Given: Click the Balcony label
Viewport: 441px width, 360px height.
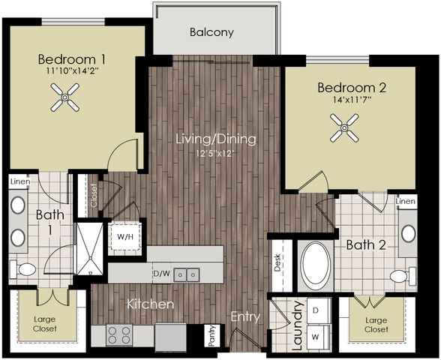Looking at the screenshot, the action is pos(211,32).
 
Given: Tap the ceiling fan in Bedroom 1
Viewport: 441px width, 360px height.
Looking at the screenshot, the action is pos(65,97).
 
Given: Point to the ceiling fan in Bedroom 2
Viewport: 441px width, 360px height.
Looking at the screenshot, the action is pos(344,128).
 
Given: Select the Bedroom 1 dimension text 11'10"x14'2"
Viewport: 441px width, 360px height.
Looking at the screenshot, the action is pos(72,71).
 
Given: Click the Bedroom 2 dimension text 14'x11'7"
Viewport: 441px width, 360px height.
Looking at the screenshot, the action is pos(352,100).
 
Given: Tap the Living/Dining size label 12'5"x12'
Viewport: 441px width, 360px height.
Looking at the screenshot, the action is pos(216,154).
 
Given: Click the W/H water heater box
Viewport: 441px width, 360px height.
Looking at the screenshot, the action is pos(125,237).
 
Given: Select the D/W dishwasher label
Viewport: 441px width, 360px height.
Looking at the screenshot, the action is pos(162,273).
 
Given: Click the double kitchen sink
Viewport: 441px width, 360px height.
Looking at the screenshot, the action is pos(187,274).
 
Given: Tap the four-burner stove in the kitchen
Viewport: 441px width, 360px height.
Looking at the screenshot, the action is pos(119,335).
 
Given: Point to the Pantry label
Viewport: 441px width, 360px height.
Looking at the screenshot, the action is pos(212,336).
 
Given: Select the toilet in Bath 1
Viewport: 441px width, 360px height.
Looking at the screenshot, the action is pos(23,269).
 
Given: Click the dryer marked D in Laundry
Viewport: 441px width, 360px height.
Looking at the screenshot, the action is pos(318,310).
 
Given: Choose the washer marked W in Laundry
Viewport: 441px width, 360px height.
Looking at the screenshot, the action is pos(318,337).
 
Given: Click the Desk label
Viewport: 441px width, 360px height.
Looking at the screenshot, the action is pos(277,262).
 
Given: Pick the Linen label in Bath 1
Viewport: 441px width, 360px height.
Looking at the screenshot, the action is pos(20,181).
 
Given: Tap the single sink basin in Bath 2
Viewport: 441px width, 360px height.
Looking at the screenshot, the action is pos(408,233).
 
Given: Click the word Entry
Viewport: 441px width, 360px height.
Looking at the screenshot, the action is pos(245,317).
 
